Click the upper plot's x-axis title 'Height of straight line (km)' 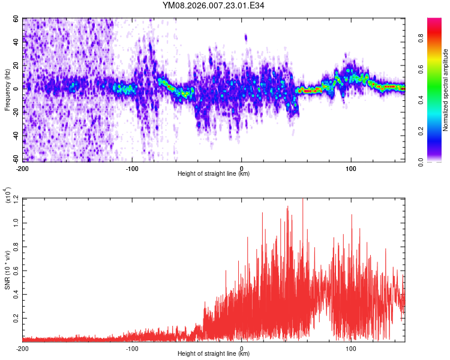[x=214, y=174]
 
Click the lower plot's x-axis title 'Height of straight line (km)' [x=214, y=353]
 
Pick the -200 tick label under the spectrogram [x=23, y=168]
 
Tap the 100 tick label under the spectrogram [x=350, y=168]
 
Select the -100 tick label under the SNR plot [x=132, y=347]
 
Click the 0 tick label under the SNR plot [x=242, y=347]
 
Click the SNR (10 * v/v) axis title [x=7, y=270]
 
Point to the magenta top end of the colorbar [x=434, y=20]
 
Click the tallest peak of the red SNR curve [x=302, y=199]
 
